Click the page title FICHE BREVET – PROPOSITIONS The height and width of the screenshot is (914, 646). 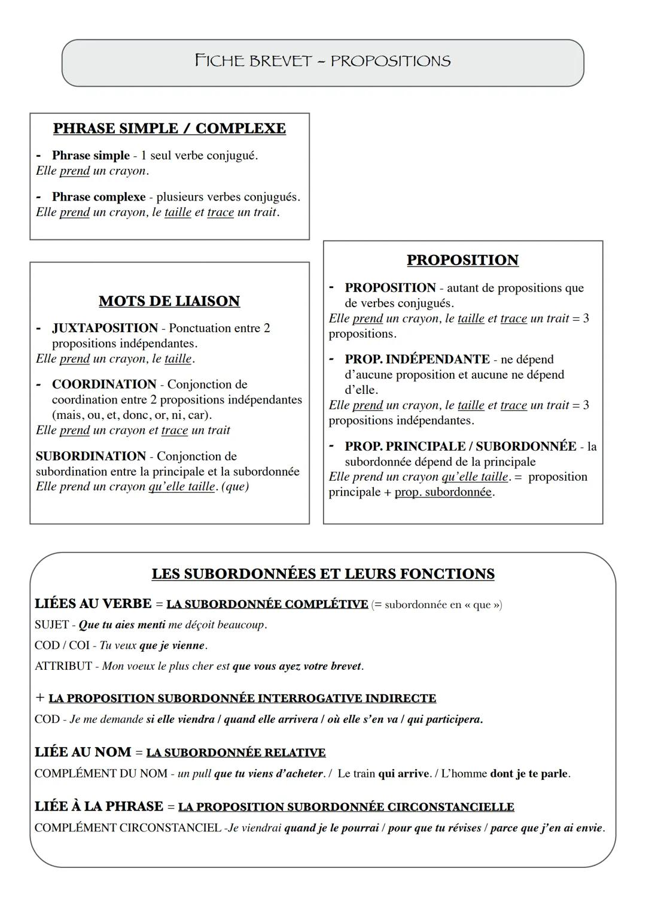click(322, 61)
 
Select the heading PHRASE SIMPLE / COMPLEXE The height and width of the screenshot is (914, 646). click(169, 129)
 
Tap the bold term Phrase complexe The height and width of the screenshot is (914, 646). click(99, 197)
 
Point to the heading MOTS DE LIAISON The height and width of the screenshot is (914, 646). click(169, 301)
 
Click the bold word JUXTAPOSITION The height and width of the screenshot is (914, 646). click(105, 328)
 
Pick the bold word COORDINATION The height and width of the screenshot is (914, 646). click(104, 384)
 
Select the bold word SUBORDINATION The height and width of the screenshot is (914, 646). click(91, 456)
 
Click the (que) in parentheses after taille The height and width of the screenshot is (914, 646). click(235, 487)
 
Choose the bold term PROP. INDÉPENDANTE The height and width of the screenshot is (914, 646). click(417, 359)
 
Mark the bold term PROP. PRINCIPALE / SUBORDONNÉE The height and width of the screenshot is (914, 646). click(461, 447)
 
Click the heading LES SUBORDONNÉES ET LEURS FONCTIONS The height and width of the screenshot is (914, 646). click(323, 574)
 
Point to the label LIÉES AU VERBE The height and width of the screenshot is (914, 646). click(93, 604)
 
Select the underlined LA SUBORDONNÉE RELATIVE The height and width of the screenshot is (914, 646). click(236, 752)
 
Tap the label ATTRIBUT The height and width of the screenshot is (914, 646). click(63, 666)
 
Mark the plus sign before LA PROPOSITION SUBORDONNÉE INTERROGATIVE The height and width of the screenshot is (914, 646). click(40, 698)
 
